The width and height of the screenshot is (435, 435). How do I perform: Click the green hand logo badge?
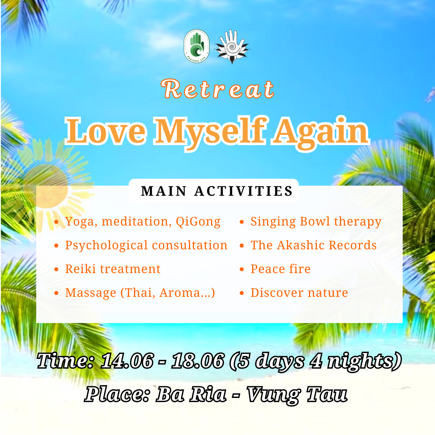197,46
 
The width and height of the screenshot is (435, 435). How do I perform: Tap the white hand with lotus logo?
232,46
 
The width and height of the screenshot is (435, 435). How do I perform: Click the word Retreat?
218,89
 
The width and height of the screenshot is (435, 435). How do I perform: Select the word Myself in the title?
210,132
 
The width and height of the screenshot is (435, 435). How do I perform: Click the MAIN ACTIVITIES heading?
217,191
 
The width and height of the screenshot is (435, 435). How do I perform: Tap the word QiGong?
198,222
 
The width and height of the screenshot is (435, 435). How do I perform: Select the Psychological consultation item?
146,246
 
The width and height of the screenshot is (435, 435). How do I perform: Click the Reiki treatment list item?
113,269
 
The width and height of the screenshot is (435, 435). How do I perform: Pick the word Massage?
91,293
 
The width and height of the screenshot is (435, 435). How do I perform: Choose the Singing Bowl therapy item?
316,222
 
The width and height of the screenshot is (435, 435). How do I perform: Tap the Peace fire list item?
280,269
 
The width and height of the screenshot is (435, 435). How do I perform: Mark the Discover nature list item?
299,293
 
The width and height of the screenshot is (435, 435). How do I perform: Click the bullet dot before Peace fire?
242,269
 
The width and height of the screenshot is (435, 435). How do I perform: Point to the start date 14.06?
127,361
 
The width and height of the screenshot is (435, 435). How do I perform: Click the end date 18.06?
198,361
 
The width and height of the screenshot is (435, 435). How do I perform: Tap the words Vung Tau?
297,394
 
